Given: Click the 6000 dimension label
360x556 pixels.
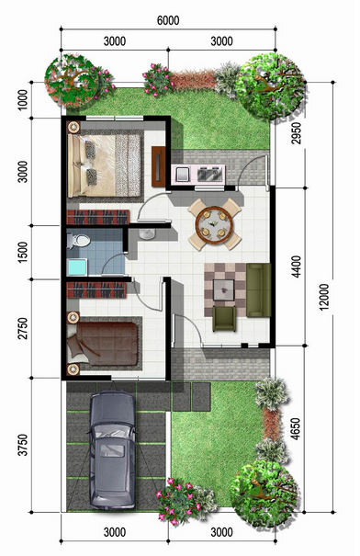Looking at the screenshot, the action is (x=168, y=20).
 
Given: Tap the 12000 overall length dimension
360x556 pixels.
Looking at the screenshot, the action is (x=324, y=297).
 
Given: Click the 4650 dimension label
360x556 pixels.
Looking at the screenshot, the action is (x=295, y=428).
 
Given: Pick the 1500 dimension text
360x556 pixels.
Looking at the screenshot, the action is (x=23, y=252).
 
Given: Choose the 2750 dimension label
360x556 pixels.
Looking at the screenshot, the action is (x=23, y=328).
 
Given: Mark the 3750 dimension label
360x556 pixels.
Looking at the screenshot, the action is (x=23, y=445).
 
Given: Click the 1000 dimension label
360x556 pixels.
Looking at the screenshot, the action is (x=23, y=100).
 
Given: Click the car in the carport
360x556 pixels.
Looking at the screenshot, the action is (x=112, y=449).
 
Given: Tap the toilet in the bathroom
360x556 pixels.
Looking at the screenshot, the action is (x=78, y=240).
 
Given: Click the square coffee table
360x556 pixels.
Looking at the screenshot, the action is (x=223, y=290).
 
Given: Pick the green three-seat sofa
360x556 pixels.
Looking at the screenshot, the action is (x=258, y=290).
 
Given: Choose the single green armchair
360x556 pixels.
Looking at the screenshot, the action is (x=224, y=319).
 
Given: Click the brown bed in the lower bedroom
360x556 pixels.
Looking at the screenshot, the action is (x=102, y=343).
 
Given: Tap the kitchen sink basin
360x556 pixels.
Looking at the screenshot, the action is (x=183, y=174).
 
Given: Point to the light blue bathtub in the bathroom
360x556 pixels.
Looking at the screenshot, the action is (x=77, y=267).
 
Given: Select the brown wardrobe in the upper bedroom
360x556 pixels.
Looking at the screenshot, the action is (x=158, y=166).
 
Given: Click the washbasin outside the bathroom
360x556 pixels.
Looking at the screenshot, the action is (x=147, y=233).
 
